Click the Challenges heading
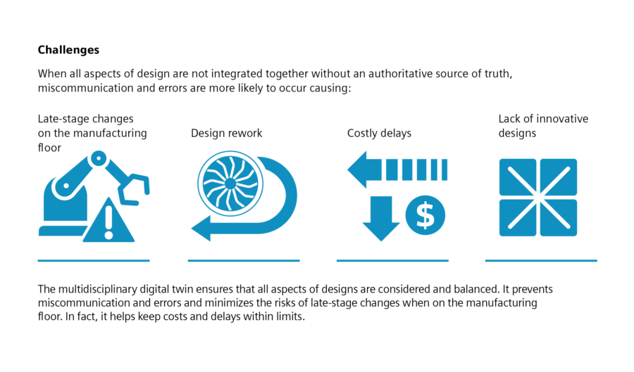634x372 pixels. point(68,51)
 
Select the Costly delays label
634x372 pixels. point(379,133)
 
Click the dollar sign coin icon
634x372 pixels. point(425,216)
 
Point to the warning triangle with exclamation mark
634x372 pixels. point(108,222)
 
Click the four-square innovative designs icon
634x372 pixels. point(537,197)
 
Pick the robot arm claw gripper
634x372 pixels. point(135,187)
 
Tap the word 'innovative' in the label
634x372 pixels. point(562,119)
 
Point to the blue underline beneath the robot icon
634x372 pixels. point(94,261)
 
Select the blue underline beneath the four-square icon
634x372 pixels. point(541,261)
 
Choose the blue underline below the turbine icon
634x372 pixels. point(244,261)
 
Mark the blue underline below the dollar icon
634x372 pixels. point(392,261)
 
